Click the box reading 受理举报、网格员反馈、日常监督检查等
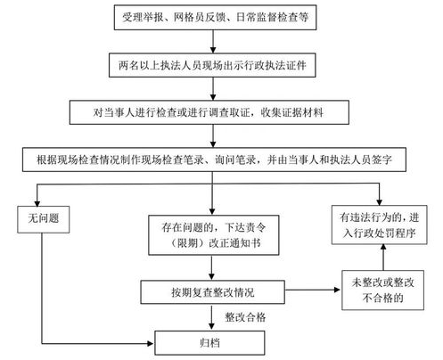215,17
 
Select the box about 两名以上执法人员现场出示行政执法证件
212,65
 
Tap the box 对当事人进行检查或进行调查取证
209,112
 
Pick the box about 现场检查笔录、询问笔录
214,160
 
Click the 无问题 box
44,219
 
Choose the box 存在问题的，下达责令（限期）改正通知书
214,235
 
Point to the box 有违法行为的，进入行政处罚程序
380,225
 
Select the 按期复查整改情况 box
212,292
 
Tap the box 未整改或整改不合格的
382,290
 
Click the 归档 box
209,343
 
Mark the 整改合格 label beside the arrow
245,317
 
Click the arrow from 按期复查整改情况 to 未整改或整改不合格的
312,290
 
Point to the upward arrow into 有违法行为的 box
383,258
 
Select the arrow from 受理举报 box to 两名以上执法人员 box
213,42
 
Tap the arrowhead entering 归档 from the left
151,344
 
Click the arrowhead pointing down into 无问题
37,203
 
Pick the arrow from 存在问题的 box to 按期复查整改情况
211,268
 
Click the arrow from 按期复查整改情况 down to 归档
211,317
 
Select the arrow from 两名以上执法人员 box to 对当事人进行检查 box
213,89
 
